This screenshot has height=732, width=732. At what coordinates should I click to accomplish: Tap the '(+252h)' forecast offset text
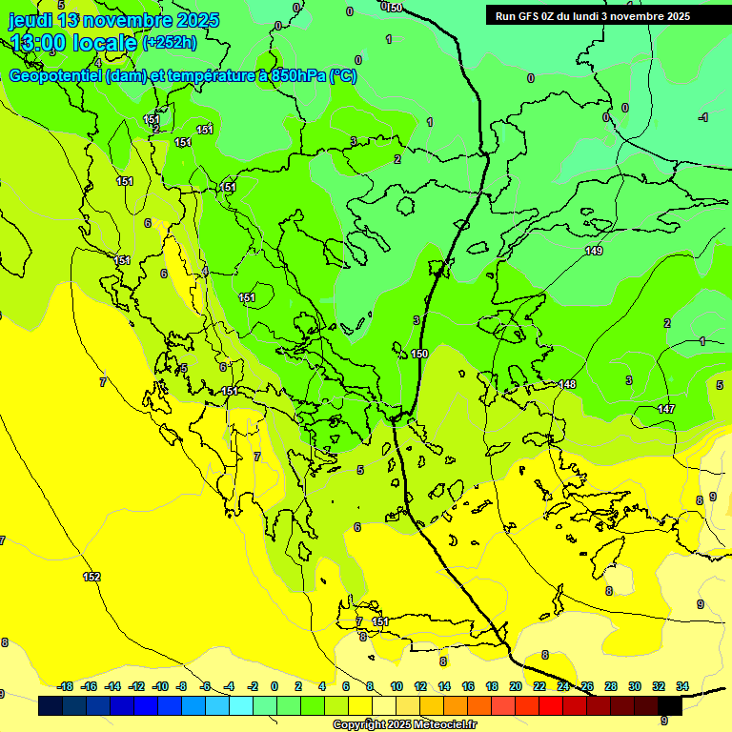click(170, 42)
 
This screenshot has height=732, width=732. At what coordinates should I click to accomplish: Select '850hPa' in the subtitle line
click(298, 76)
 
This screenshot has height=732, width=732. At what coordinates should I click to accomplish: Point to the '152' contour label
click(91, 577)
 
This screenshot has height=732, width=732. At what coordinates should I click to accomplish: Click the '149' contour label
click(594, 251)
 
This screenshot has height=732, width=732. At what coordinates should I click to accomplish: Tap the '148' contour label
click(568, 384)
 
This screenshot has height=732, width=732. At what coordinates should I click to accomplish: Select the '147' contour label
click(666, 409)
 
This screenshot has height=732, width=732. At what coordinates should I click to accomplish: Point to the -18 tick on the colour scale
click(65, 686)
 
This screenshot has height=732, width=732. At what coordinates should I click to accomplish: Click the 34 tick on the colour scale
click(681, 686)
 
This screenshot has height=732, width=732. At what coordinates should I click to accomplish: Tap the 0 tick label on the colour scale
click(274, 686)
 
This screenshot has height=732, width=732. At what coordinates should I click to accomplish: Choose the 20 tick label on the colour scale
click(515, 686)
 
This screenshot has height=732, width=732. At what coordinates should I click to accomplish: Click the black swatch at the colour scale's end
click(669, 705)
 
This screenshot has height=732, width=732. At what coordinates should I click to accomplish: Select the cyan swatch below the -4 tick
click(240, 705)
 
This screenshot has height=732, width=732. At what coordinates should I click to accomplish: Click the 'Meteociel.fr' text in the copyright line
click(441, 725)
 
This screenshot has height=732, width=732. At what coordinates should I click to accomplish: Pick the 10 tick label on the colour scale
click(396, 686)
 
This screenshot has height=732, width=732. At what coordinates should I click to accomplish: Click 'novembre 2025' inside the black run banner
click(652, 16)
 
